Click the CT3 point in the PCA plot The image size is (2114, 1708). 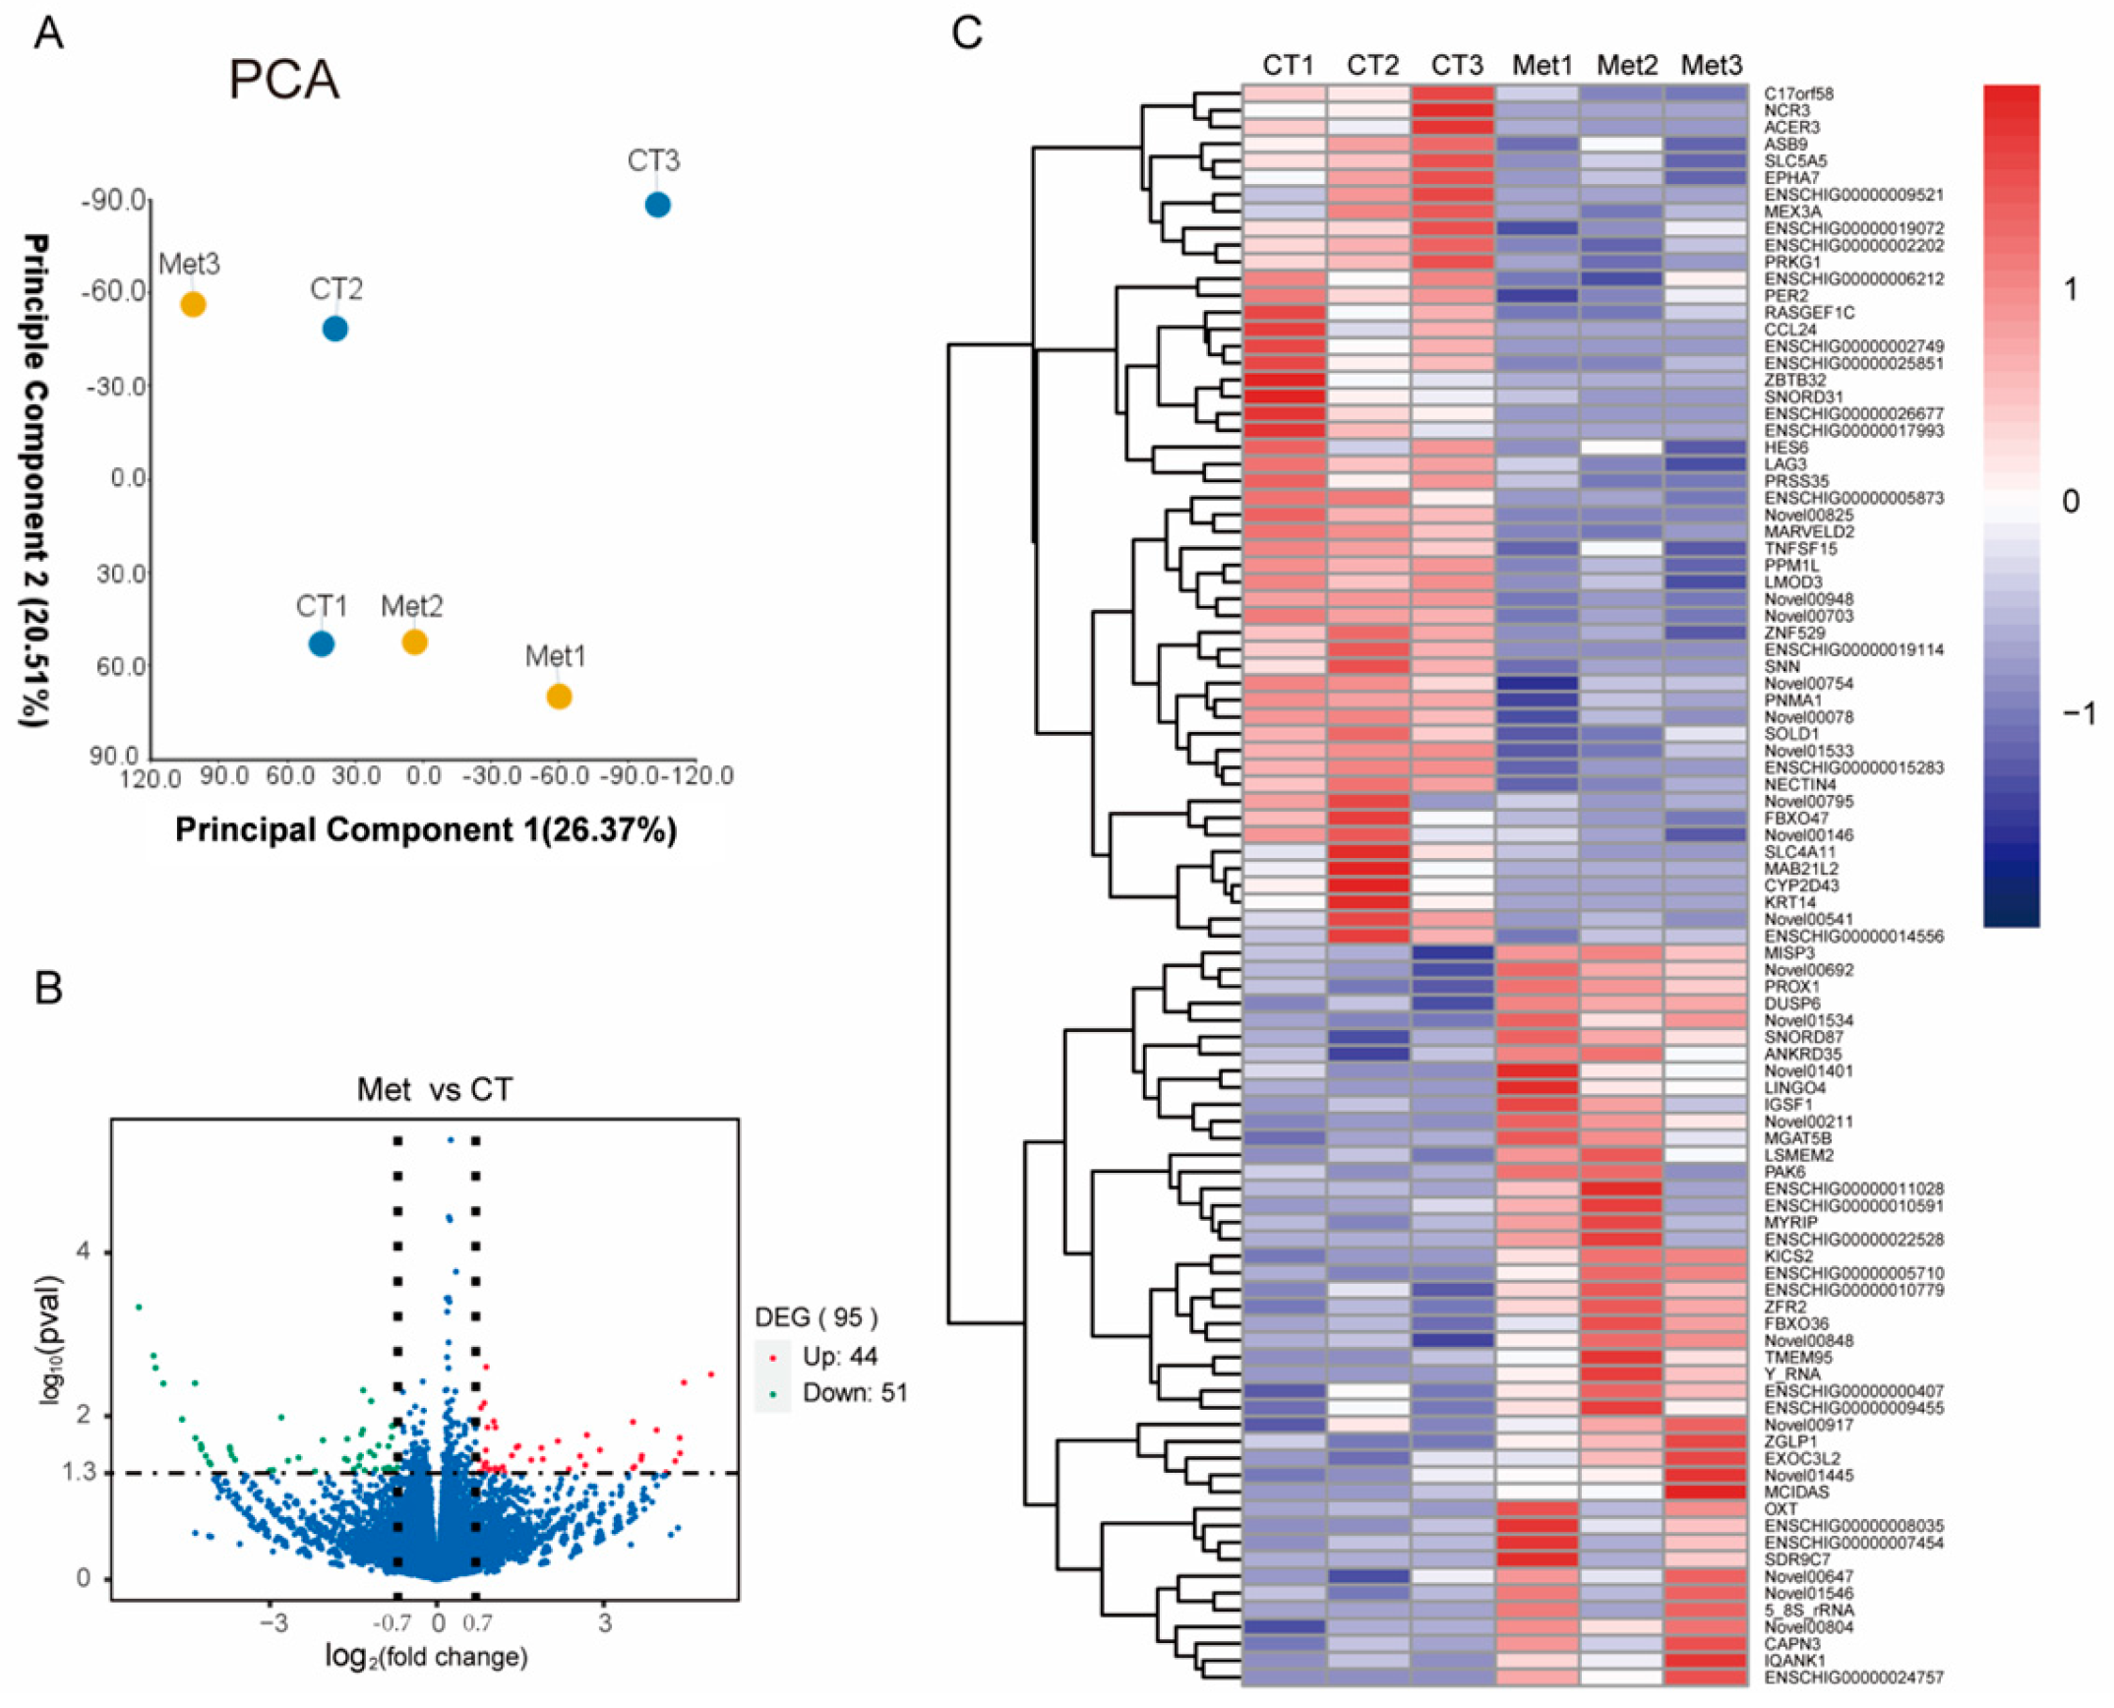[x=657, y=205]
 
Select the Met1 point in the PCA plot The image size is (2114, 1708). [x=559, y=697]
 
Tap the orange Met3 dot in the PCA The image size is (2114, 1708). [x=193, y=305]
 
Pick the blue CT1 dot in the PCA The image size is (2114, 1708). [x=321, y=643]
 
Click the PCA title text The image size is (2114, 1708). [x=283, y=81]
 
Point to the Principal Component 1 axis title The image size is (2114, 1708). [x=425, y=829]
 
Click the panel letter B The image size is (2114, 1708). [x=48, y=988]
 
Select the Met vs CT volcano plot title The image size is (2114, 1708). [x=434, y=1089]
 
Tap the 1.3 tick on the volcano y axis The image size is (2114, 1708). [x=79, y=1472]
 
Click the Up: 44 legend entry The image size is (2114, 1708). [x=839, y=1357]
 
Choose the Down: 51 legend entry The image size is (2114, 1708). [x=854, y=1393]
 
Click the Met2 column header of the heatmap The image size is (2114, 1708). [x=1626, y=66]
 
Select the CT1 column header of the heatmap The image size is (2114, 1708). [x=1288, y=66]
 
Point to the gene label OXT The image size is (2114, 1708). [x=1781, y=1508]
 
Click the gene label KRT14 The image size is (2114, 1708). [x=1789, y=902]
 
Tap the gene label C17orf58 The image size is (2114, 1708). [x=1798, y=93]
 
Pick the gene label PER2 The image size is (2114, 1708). [x=1785, y=295]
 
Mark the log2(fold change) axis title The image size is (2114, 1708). [x=426, y=1657]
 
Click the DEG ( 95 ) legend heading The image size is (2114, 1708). [x=815, y=1317]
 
